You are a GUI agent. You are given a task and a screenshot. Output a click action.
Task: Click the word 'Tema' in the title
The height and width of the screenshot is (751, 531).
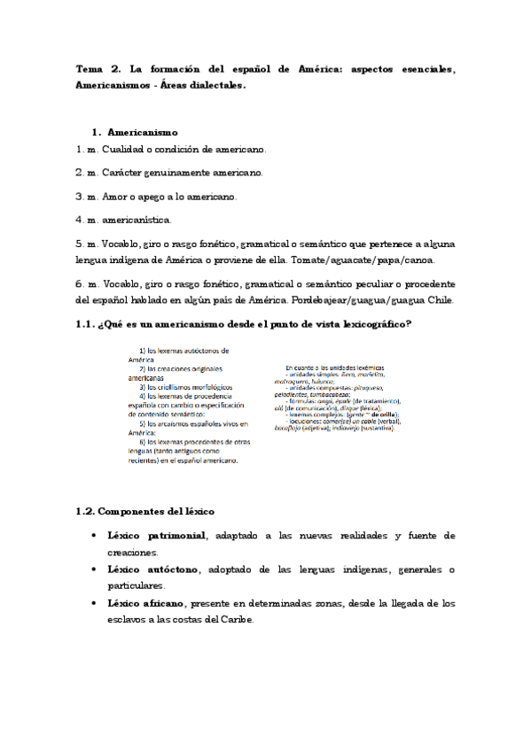point(90,69)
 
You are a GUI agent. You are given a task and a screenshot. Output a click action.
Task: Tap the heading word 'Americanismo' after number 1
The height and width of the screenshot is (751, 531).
point(143,132)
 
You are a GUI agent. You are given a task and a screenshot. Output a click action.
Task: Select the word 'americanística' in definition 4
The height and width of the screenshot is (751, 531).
point(139,219)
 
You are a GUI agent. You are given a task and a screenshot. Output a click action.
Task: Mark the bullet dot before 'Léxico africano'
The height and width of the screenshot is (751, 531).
point(94,603)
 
